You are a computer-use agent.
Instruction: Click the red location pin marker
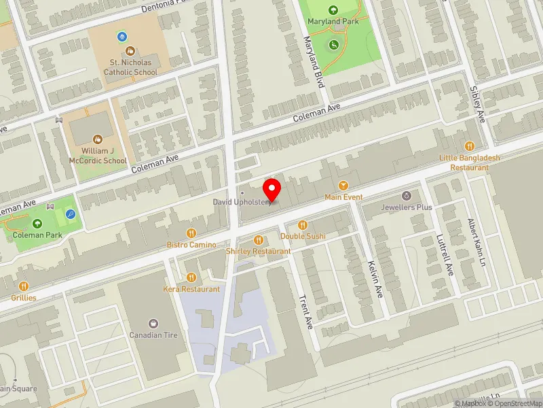click(272, 188)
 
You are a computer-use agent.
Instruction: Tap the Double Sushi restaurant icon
click(303, 224)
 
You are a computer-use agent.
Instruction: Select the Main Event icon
click(343, 186)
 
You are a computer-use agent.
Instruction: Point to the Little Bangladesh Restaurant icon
click(469, 146)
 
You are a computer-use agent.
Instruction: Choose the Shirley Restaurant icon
click(259, 239)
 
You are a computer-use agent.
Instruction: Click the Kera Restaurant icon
click(191, 277)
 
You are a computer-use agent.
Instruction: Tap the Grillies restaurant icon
click(24, 286)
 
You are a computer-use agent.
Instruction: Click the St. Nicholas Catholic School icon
click(130, 51)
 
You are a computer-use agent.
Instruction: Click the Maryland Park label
click(333, 22)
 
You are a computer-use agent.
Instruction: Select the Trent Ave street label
click(305, 311)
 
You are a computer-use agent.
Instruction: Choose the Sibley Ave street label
click(478, 104)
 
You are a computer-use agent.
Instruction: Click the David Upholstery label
click(242, 202)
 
